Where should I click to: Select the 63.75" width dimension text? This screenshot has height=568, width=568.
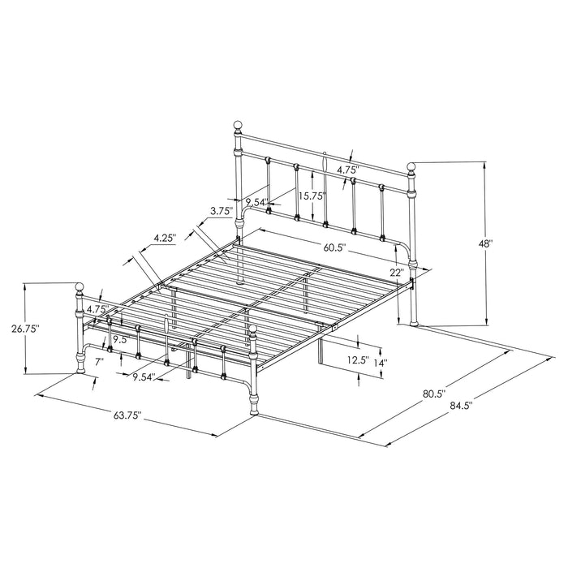127,415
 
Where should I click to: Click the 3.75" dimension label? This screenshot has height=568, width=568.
221,210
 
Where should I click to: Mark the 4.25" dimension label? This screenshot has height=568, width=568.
166,238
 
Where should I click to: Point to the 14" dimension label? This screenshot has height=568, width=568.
380,363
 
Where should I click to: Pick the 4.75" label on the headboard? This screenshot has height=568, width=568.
348,170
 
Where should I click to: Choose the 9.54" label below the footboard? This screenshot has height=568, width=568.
144,377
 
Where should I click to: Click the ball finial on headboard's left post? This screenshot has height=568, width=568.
238,127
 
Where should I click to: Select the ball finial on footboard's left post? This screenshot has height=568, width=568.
80,286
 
